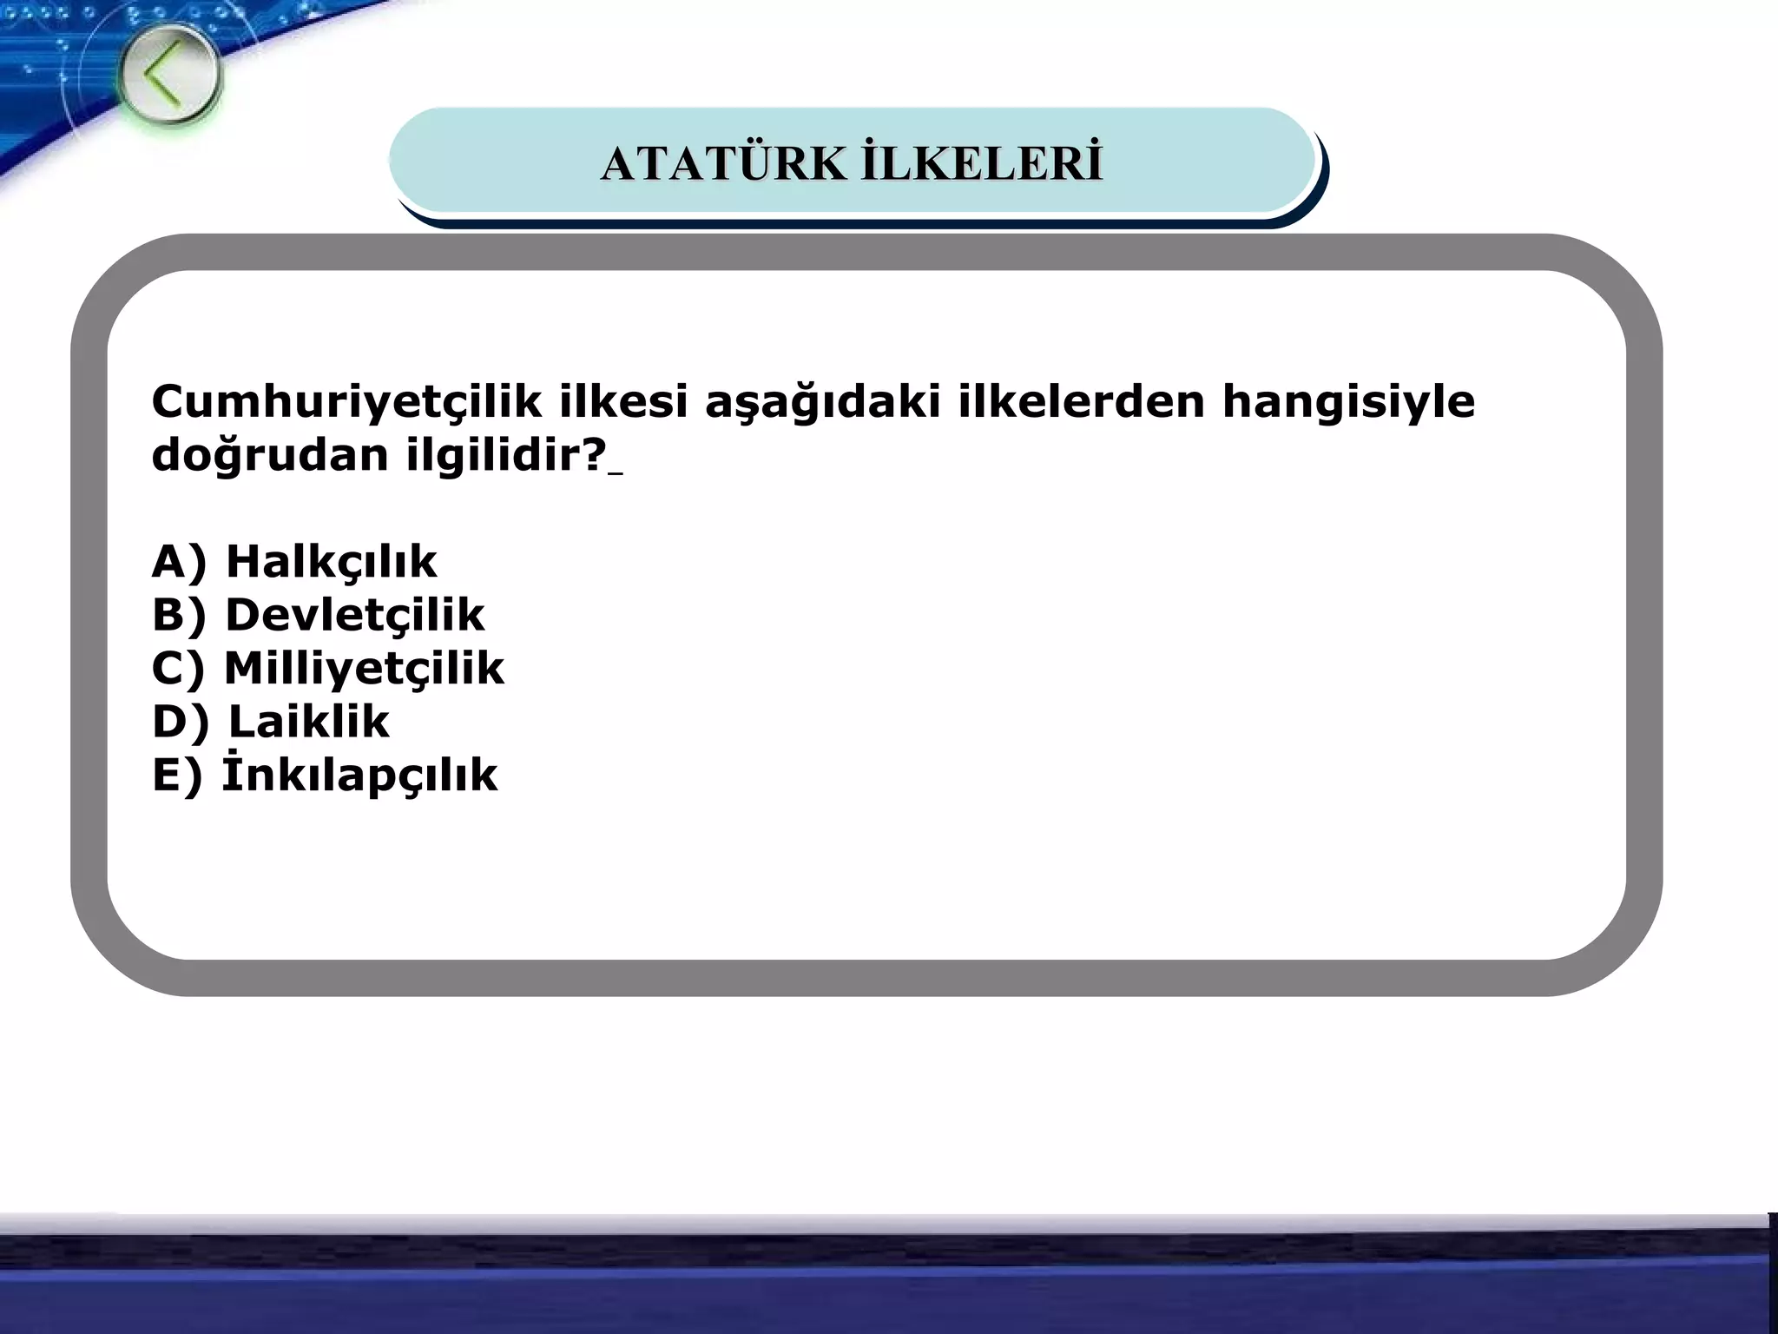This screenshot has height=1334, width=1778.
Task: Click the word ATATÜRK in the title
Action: (x=722, y=164)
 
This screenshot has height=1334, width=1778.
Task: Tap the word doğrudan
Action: (x=270, y=455)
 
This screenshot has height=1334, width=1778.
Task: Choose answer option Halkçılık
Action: (x=331, y=562)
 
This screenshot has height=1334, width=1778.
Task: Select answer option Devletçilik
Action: (x=354, y=616)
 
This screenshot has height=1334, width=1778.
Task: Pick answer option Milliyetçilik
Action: (x=364, y=669)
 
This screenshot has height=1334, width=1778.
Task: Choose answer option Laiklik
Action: (x=308, y=722)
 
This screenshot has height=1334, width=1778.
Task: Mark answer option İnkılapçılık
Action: (x=359, y=775)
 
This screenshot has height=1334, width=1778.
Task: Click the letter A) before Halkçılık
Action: (x=180, y=562)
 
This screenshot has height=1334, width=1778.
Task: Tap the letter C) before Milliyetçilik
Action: (x=179, y=669)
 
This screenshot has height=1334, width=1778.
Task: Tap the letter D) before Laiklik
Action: (x=181, y=722)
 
